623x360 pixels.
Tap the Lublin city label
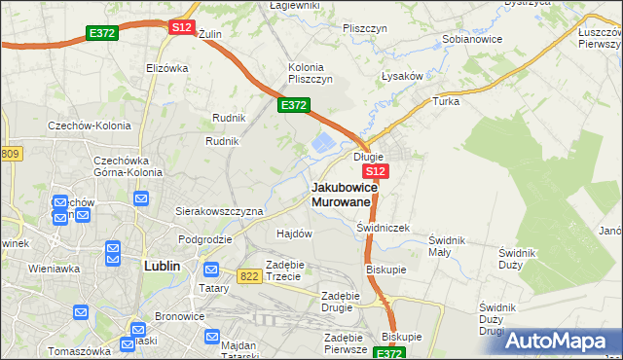pos(161,264)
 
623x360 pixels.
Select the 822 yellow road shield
pos(247,276)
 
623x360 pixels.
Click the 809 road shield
pos(10,154)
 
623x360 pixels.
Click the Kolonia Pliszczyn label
pos(311,73)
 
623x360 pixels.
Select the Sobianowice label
pos(471,40)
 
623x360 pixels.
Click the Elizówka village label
pos(165,68)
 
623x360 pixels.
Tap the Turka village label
pos(446,102)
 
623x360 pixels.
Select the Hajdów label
pos(294,234)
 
